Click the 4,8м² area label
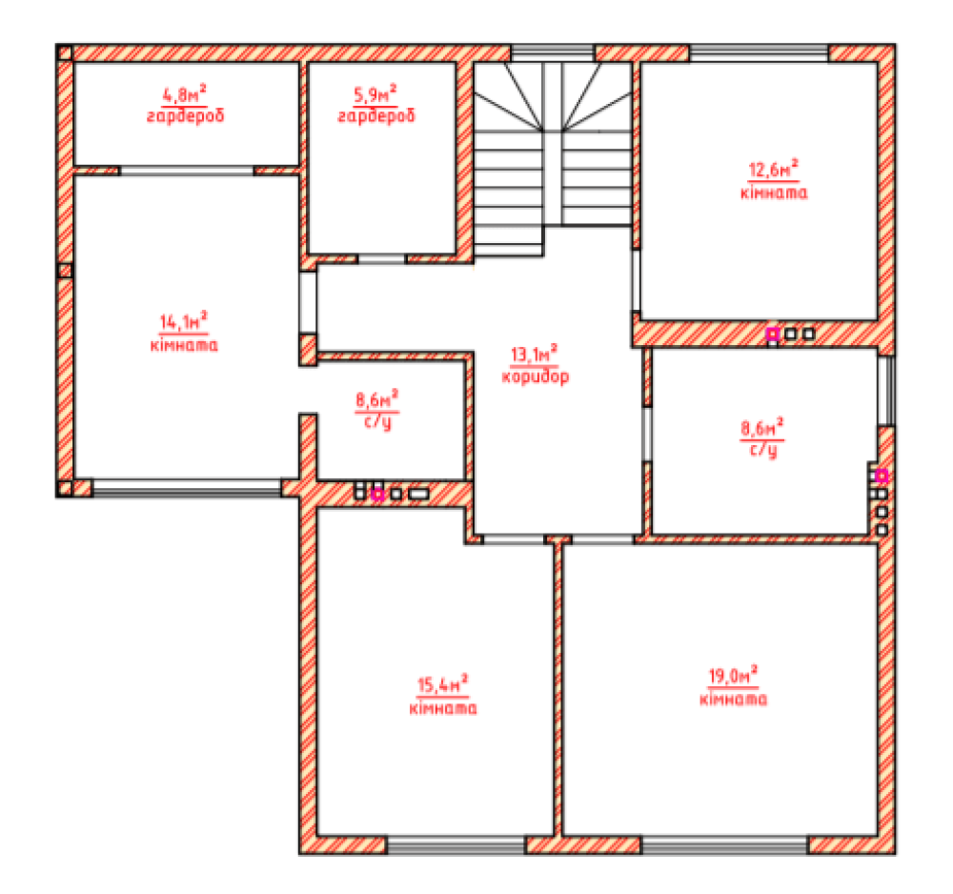tap(184, 94)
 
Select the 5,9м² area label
tap(375, 94)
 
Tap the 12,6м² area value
tap(773, 170)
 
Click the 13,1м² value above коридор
tap(535, 354)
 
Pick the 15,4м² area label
tap(442, 685)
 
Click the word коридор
tap(536, 376)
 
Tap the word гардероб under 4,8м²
tap(186, 115)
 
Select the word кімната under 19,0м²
tap(733, 699)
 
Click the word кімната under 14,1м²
tap(184, 345)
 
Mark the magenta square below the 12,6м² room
tap(773, 334)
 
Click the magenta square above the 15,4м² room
tap(377, 494)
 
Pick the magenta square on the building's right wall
tap(882, 476)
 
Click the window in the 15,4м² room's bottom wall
tap(456, 844)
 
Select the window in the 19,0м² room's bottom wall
tap(724, 844)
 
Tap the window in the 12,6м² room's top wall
tap(760, 52)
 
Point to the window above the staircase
tap(553, 52)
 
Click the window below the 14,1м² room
tap(187, 488)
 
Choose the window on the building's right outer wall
tap(886, 390)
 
